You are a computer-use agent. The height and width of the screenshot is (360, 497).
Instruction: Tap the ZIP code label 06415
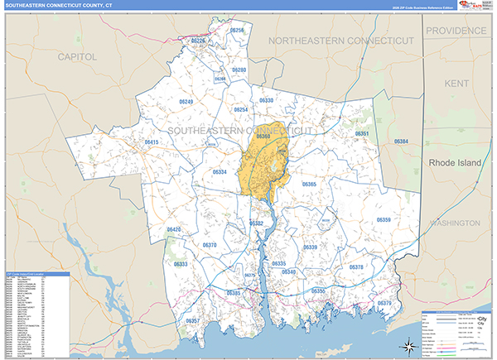pyautogui.click(x=152, y=142)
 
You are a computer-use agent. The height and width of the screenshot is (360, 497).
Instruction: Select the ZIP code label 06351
pyautogui.click(x=362, y=133)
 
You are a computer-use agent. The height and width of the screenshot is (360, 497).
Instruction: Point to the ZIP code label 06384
pyautogui.click(x=401, y=142)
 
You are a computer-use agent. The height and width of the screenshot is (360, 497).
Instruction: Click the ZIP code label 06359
pyautogui.click(x=384, y=219)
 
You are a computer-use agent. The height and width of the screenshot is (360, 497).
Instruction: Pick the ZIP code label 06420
pyautogui.click(x=174, y=229)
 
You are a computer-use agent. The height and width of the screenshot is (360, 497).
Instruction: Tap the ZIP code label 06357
pyautogui.click(x=193, y=320)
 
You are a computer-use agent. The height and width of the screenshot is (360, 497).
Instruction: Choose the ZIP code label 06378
pyautogui.click(x=356, y=267)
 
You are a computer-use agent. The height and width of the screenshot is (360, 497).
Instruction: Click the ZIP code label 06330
pyautogui.click(x=266, y=100)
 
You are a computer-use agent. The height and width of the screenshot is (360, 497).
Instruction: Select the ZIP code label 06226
pyautogui.click(x=198, y=41)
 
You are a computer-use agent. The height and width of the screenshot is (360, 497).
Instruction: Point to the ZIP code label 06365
pyautogui.click(x=309, y=184)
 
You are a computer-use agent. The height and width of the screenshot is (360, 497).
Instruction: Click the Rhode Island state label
pyautogui.click(x=460, y=164)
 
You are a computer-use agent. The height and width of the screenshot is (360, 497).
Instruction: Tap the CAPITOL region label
pyautogui.click(x=78, y=56)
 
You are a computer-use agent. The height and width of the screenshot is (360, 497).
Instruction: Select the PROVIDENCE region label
pyautogui.click(x=456, y=31)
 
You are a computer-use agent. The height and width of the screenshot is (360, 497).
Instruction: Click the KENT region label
pyautogui.click(x=456, y=84)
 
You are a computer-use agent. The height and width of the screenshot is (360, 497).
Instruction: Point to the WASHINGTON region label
pyautogui.click(x=454, y=223)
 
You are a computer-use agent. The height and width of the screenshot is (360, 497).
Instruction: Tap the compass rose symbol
pyautogui.click(x=407, y=345)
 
